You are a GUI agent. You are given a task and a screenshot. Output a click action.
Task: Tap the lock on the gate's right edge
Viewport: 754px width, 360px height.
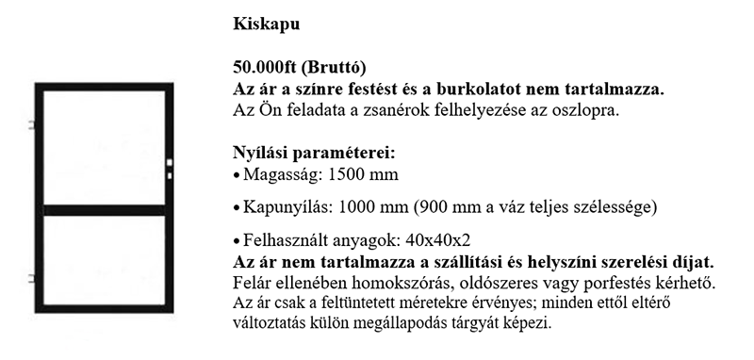[x=170, y=168]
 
